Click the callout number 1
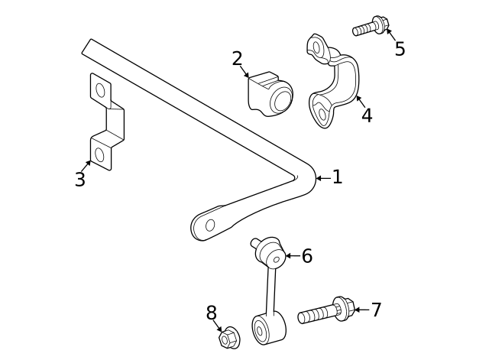(337, 177)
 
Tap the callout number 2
(237, 59)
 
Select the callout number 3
(79, 180)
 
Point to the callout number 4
(367, 115)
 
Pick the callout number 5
(400, 50)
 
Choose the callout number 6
(306, 256)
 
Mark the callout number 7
(375, 310)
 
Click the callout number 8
(212, 313)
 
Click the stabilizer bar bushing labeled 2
(270, 95)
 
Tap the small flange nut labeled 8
(228, 337)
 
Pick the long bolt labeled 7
(325, 312)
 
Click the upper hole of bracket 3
(100, 90)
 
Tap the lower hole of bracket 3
(99, 154)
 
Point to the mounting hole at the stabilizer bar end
(210, 225)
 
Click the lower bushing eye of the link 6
(260, 331)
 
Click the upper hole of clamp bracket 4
(317, 47)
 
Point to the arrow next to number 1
(322, 178)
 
